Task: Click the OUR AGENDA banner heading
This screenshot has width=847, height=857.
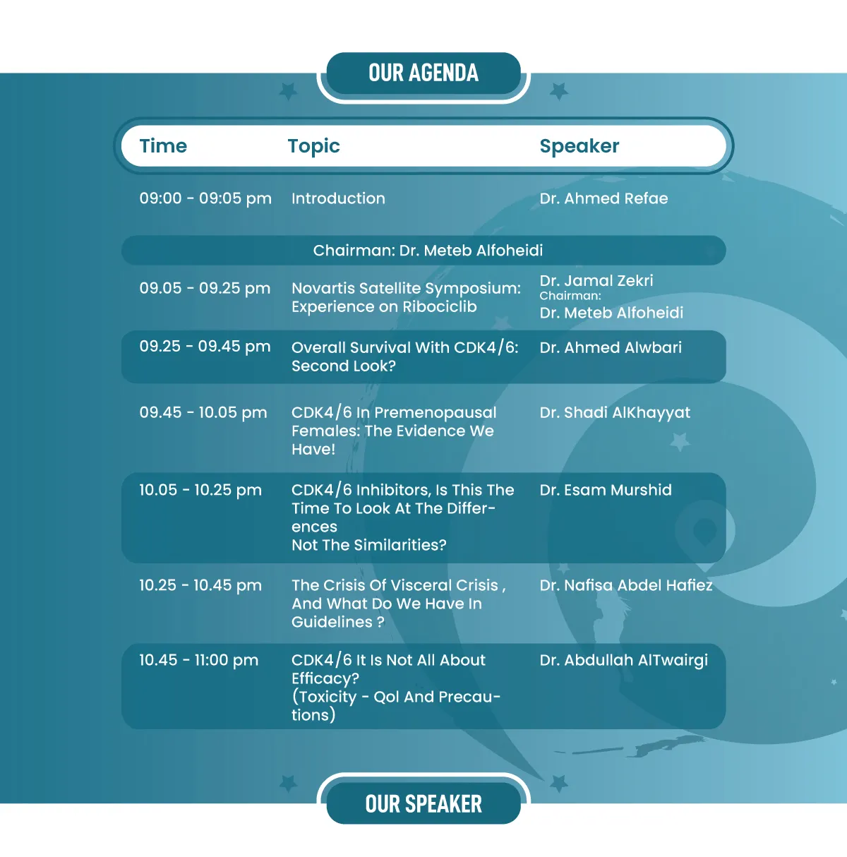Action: [423, 73]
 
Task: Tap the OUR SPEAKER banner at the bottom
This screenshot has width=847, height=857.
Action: [423, 804]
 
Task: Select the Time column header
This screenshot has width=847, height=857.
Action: [163, 146]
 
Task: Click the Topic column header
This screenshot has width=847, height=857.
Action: [313, 147]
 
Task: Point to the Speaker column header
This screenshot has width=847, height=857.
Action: [579, 147]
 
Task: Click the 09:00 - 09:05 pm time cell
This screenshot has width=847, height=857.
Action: [205, 198]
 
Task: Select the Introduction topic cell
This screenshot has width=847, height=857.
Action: [339, 198]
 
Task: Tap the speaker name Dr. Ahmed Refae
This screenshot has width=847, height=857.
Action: [603, 198]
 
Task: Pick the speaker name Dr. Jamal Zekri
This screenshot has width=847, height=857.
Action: [596, 281]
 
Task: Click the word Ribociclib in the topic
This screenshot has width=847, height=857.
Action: [440, 307]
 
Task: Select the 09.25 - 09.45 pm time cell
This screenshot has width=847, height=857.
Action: [205, 347]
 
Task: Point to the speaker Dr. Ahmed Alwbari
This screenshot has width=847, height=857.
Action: [611, 347]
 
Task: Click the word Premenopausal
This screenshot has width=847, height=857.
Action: [435, 413]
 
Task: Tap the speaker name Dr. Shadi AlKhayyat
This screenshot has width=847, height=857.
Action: [615, 413]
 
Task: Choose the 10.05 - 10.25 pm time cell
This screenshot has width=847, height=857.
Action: [200, 490]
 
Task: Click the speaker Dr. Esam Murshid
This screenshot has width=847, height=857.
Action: [606, 490]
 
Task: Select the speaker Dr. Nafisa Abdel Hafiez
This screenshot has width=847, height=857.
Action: [626, 585]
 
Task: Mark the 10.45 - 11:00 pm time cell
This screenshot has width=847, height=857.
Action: [198, 660]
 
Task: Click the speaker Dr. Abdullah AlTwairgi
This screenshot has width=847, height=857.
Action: [624, 661]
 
